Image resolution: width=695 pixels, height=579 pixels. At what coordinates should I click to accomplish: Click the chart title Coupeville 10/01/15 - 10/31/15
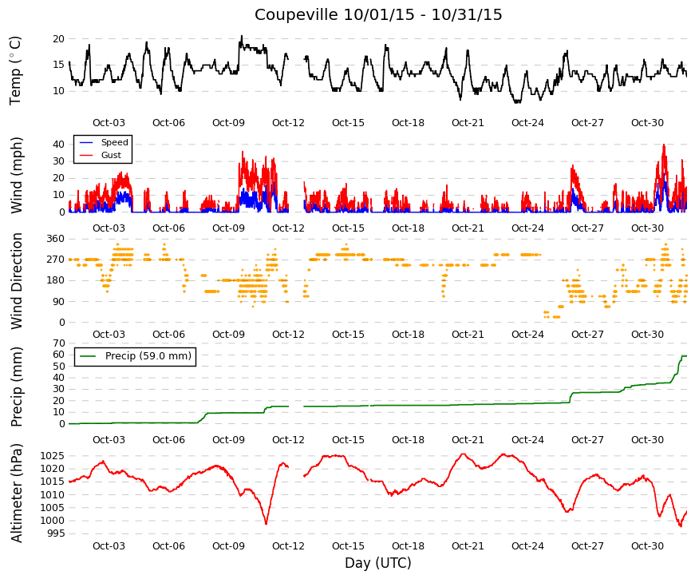click(378, 14)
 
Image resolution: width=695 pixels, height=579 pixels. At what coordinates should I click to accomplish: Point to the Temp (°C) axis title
click(15, 70)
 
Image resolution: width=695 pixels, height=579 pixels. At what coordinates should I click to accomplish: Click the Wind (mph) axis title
click(16, 175)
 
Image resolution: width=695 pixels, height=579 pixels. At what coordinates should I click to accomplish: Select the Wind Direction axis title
click(16, 281)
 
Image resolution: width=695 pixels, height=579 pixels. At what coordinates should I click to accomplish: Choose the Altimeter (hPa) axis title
click(16, 493)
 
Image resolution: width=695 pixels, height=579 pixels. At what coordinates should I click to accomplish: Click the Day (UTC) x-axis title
click(378, 563)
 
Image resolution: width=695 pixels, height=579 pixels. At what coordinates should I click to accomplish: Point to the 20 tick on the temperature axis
click(58, 39)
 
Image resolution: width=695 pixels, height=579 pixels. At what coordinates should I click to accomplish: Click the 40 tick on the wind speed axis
click(58, 145)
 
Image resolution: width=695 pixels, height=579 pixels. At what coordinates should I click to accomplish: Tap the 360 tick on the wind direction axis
click(56, 239)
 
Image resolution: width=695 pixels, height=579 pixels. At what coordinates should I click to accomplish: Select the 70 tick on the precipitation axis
click(59, 343)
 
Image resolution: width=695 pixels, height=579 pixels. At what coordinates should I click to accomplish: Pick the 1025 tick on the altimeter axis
click(53, 456)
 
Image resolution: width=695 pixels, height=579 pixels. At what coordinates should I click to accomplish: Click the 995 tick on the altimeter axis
click(55, 533)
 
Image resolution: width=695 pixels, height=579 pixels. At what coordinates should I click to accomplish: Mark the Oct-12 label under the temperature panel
click(288, 123)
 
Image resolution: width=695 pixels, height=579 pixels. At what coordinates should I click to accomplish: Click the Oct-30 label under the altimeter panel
click(647, 546)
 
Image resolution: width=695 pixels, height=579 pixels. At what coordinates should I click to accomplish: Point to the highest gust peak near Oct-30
click(664, 145)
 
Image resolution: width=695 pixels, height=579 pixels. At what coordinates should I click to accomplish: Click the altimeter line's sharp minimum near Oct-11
click(266, 524)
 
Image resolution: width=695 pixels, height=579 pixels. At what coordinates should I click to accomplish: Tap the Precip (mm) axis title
click(16, 387)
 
